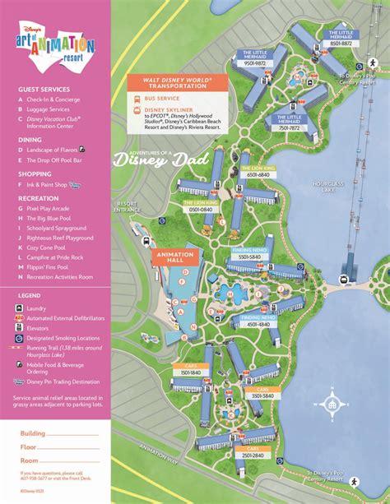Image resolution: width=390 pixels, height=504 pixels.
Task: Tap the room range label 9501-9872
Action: click(254, 63)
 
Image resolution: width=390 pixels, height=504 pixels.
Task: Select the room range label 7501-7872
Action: click(290, 127)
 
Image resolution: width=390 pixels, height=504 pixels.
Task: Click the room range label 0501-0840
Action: click(199, 210)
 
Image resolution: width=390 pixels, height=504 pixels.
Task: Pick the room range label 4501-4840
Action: click(258, 322)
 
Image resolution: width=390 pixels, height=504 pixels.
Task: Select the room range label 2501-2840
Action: click(253, 455)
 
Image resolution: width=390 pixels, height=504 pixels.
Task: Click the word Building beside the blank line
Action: click(33, 433)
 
